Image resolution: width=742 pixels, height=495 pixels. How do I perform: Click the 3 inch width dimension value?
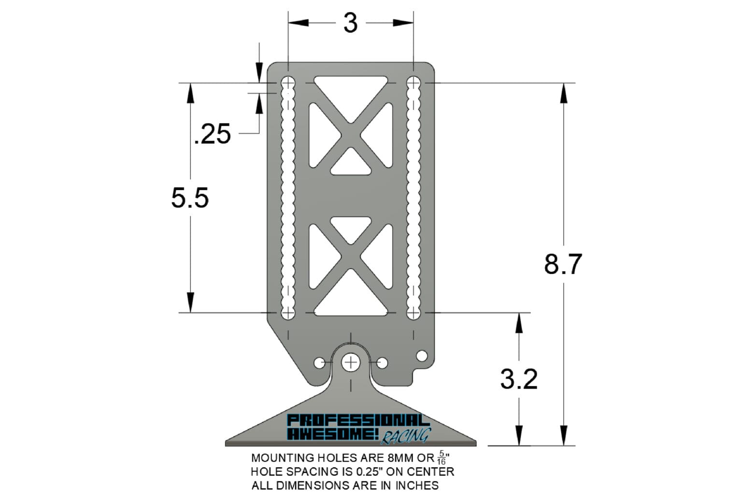350,23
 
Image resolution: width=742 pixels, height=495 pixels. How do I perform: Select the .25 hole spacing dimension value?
213,134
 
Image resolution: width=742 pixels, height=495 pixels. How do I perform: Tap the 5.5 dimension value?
190,198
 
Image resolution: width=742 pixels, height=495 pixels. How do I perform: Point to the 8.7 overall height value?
563,264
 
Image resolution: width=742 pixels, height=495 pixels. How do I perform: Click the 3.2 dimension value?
519,379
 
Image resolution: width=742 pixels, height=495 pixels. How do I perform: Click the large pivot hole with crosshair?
351,362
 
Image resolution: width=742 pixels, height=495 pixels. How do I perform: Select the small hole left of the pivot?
320,363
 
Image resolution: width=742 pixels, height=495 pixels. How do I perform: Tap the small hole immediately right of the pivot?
382,363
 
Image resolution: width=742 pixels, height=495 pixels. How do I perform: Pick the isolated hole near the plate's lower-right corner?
422,356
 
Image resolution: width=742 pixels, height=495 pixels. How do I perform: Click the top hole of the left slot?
288,83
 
